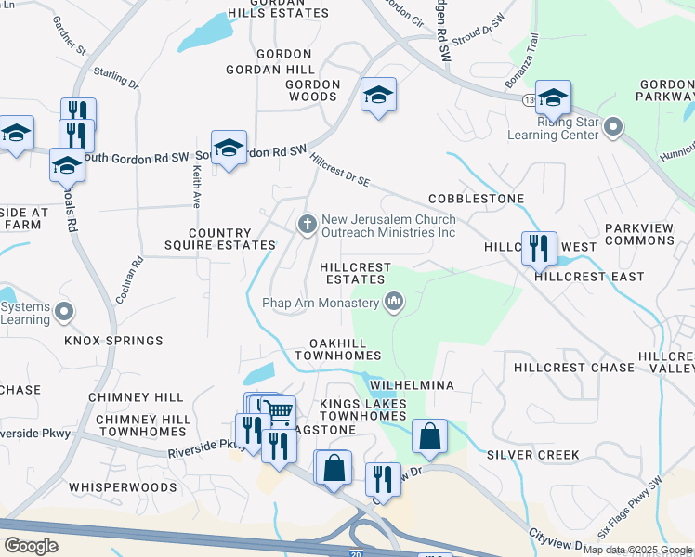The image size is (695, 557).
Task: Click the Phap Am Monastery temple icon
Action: [394, 302]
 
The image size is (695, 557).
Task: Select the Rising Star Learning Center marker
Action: [612, 125]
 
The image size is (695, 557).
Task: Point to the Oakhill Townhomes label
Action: [338, 349]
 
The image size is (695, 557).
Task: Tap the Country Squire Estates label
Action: [232, 240]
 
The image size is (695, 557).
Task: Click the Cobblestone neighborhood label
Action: [476, 200]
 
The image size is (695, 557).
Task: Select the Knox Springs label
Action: [113, 341]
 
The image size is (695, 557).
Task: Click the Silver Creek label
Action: [532, 455]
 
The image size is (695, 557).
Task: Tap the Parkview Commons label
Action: [639, 234]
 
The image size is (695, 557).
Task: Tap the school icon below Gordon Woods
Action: [378, 95]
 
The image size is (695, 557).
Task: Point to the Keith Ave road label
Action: [196, 186]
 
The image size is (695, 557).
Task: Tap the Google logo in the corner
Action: [31, 545]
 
